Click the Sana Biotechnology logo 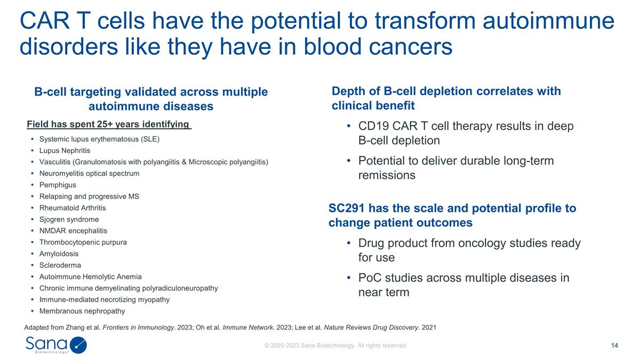coord(56,345)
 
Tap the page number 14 coord(614,346)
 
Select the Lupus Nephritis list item coord(65,150)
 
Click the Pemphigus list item coord(58,185)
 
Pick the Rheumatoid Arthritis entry coord(73,208)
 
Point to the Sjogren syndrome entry coord(69,219)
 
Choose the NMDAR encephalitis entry coord(73,231)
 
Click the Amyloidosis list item coord(59,254)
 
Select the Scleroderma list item coord(60,265)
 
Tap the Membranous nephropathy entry coord(82,311)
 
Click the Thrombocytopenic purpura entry coord(83,242)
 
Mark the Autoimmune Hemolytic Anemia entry coord(91,277)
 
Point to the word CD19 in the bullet coord(374,126)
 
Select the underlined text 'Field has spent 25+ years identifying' coord(108,125)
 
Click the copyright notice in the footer coord(336,346)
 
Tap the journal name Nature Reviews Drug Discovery coord(371,327)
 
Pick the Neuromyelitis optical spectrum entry coord(89,173)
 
